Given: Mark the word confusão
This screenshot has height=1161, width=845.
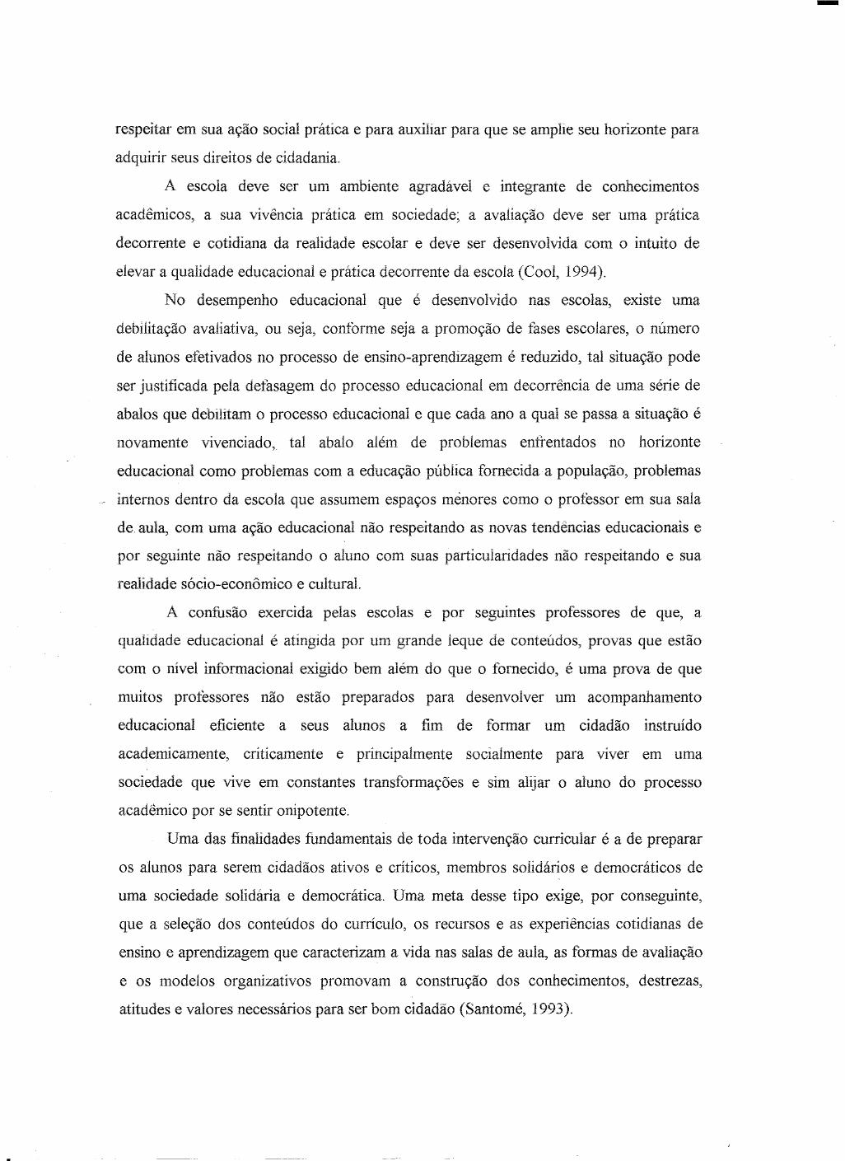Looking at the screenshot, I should click(217, 612).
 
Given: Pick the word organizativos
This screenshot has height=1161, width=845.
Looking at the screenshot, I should click(264, 981).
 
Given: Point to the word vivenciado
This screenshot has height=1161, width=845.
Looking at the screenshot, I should click(238, 442).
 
